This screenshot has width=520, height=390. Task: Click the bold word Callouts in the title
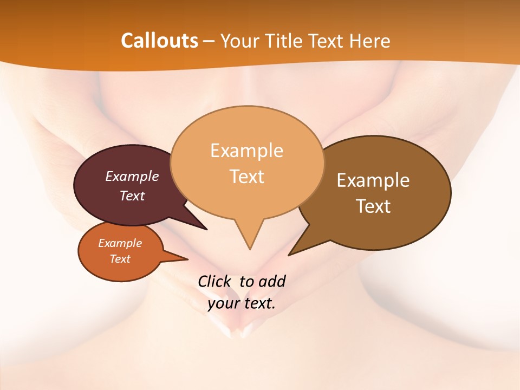(x=159, y=41)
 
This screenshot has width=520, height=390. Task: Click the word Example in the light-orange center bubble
(x=246, y=150)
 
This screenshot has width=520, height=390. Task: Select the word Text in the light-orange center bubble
(x=247, y=176)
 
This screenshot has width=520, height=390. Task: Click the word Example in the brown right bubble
(x=373, y=180)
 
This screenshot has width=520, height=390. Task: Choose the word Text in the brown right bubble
(x=373, y=206)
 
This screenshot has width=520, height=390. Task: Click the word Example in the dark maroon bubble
(x=132, y=176)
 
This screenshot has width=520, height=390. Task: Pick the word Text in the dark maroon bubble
(x=132, y=196)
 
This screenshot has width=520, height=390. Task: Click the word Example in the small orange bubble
(x=120, y=243)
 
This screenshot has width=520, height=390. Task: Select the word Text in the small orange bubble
(x=120, y=259)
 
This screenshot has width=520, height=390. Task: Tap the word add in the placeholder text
(x=272, y=281)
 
